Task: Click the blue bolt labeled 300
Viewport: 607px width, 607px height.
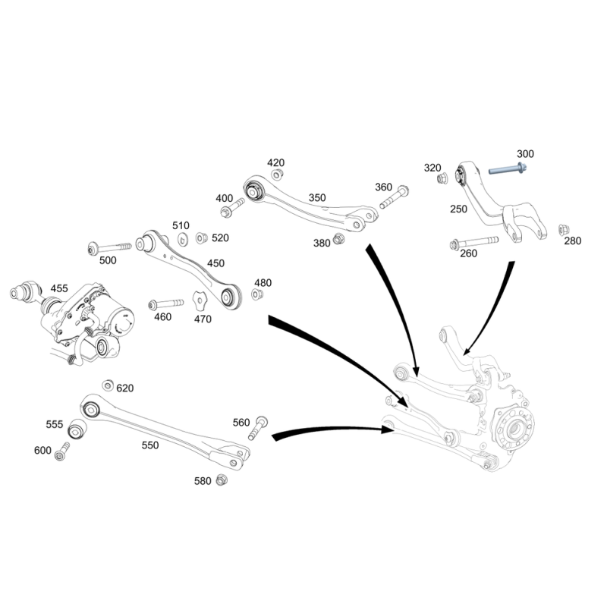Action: tap(508, 168)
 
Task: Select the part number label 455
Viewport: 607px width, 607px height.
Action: tap(59, 288)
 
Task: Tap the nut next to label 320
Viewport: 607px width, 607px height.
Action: tap(442, 179)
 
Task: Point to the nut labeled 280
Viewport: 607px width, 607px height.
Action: tap(563, 230)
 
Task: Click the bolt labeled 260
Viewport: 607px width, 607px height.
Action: tap(473, 243)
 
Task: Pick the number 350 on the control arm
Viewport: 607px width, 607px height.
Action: tap(317, 198)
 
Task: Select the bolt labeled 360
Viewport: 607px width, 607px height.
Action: tap(394, 197)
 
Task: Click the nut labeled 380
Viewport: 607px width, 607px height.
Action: tap(338, 238)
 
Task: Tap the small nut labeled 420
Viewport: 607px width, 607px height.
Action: tap(276, 175)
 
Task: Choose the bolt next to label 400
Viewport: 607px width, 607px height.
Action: tap(232, 207)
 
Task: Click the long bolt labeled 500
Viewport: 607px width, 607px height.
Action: tap(110, 248)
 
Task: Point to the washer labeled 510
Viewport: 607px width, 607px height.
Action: tap(183, 240)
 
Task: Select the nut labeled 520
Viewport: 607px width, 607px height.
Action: tap(200, 237)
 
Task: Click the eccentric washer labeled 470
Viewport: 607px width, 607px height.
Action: tap(200, 300)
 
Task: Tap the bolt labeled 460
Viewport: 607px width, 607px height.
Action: tap(165, 303)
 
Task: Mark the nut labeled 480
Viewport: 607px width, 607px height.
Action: tap(256, 294)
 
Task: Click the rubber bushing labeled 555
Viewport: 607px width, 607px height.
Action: tap(77, 429)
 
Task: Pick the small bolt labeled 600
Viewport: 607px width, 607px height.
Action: tap(62, 451)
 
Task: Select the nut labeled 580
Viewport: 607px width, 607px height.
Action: tap(222, 480)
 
